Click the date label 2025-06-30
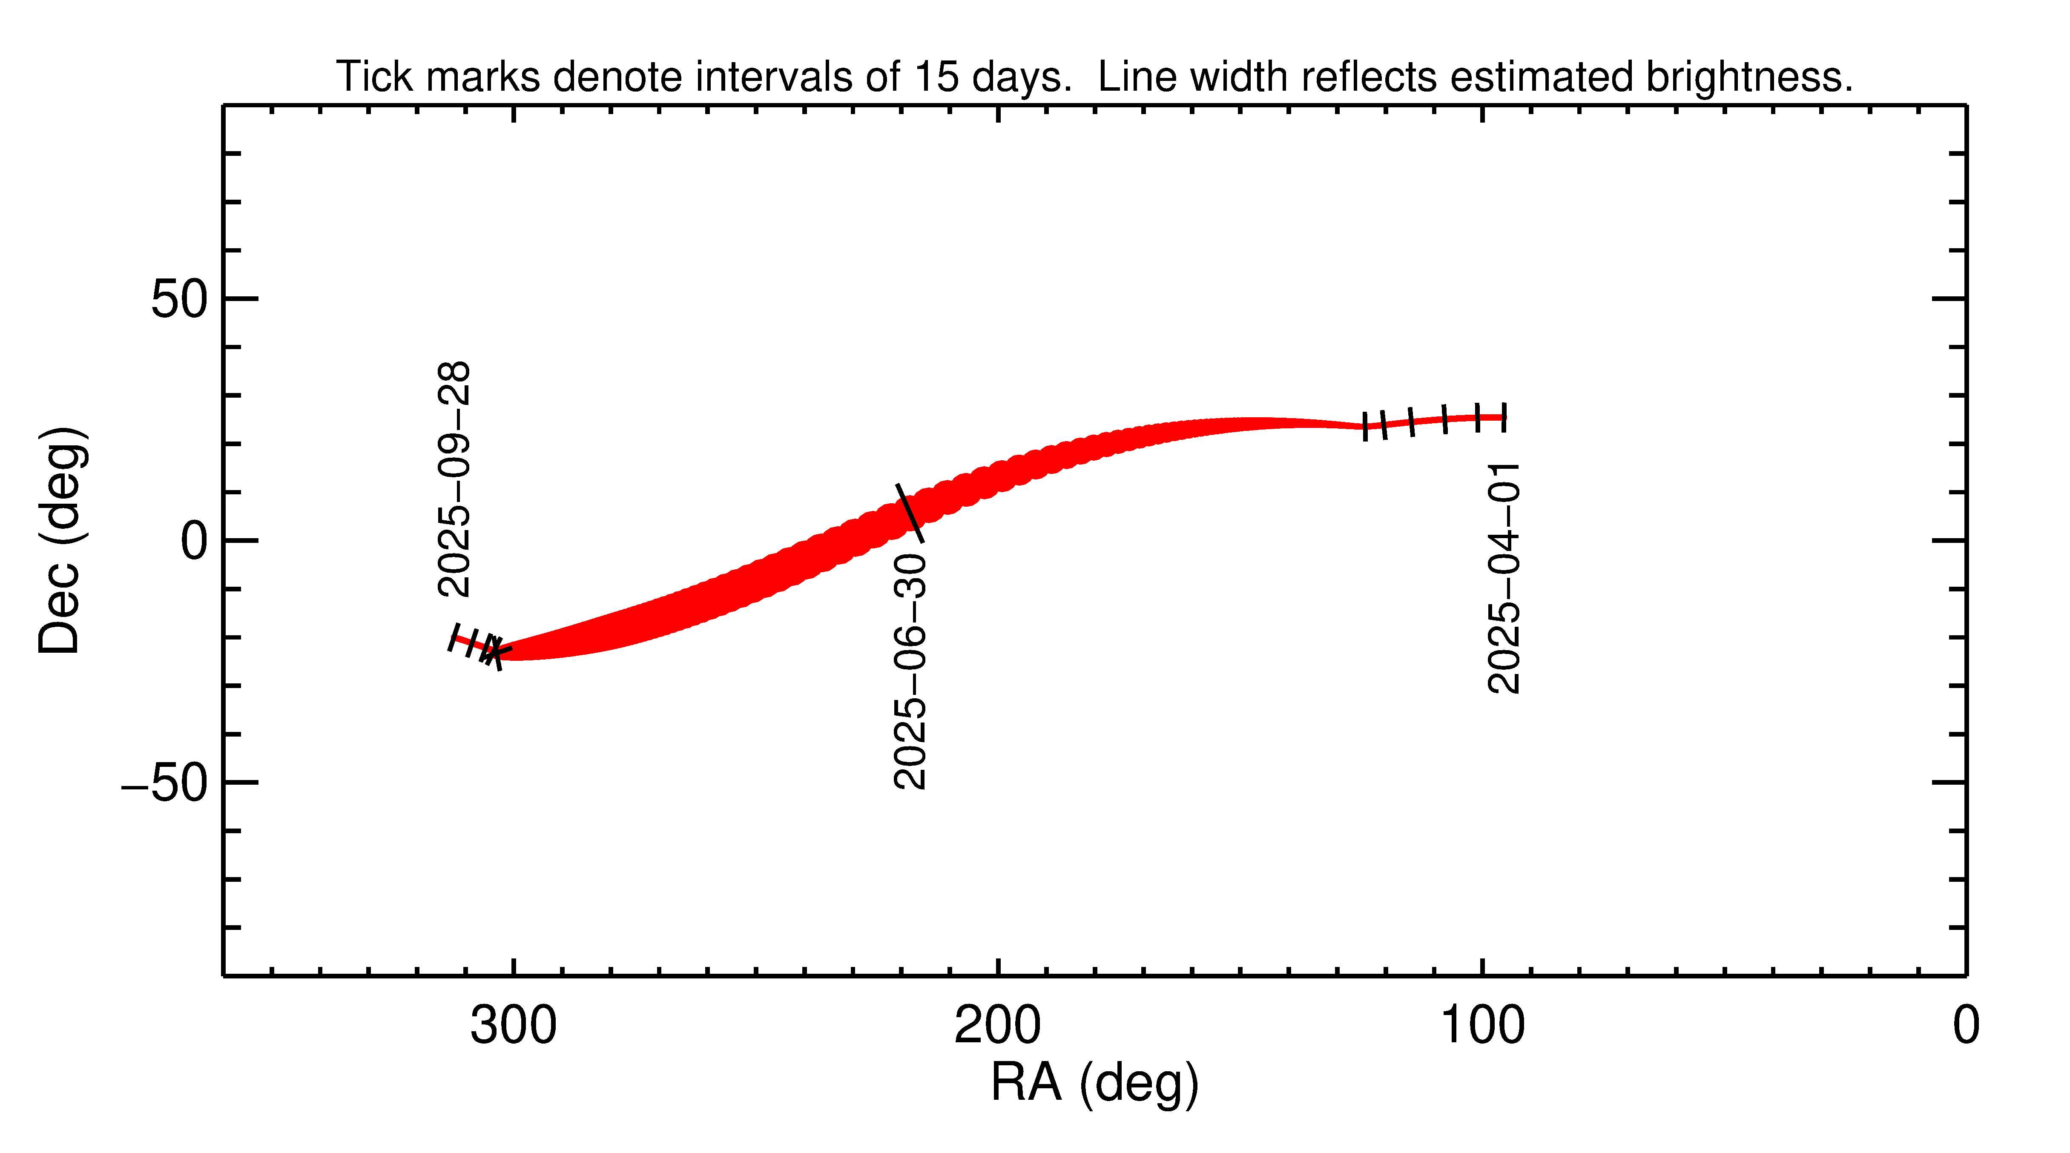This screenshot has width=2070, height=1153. click(910, 671)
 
